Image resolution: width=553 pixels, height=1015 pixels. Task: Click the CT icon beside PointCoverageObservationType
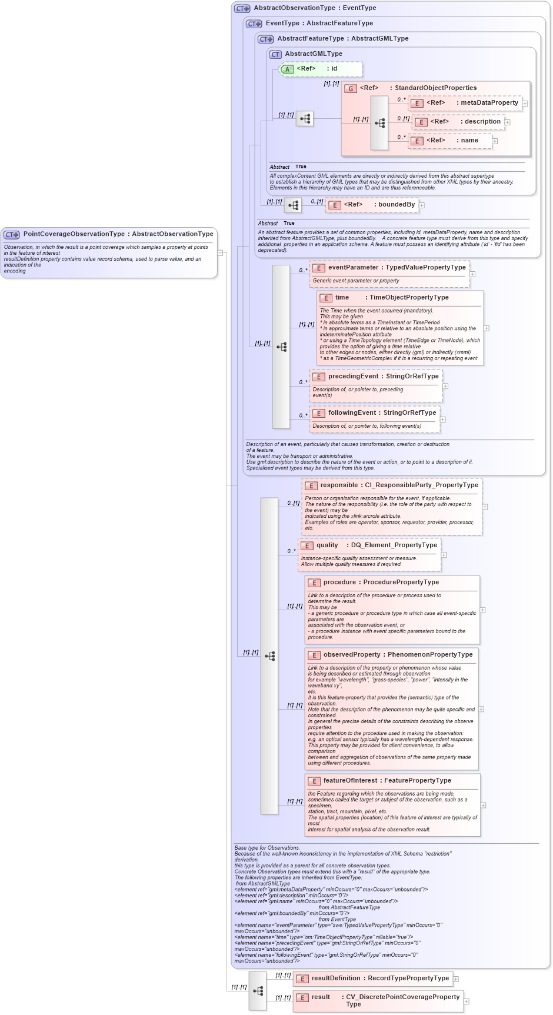coord(12,235)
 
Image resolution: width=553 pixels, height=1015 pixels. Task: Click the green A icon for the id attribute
coord(287,69)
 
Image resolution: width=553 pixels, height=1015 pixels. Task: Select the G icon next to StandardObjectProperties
coord(351,89)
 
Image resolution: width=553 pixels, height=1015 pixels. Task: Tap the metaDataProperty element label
coord(489,103)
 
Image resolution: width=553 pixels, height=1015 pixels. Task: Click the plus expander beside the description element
coord(507,122)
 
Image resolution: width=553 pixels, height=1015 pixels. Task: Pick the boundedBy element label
coord(397,205)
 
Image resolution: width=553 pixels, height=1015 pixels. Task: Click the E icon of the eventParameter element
coord(318,268)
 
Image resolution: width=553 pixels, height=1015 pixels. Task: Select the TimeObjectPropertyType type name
coord(409,298)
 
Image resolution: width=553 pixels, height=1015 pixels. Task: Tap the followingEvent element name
coord(352,413)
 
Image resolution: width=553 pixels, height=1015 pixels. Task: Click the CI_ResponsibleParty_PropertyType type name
coord(421,485)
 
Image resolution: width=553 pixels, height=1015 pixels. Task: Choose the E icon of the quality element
coord(307,546)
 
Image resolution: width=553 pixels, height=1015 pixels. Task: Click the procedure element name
coord(339,583)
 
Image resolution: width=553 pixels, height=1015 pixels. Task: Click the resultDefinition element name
coord(336,979)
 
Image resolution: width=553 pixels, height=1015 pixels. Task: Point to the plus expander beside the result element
coord(466,1001)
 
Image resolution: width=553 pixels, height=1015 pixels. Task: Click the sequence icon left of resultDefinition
coord(258,991)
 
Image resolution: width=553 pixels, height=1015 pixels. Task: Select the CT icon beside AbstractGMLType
coord(275,55)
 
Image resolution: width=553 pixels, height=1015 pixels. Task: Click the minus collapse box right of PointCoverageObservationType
coord(220,253)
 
